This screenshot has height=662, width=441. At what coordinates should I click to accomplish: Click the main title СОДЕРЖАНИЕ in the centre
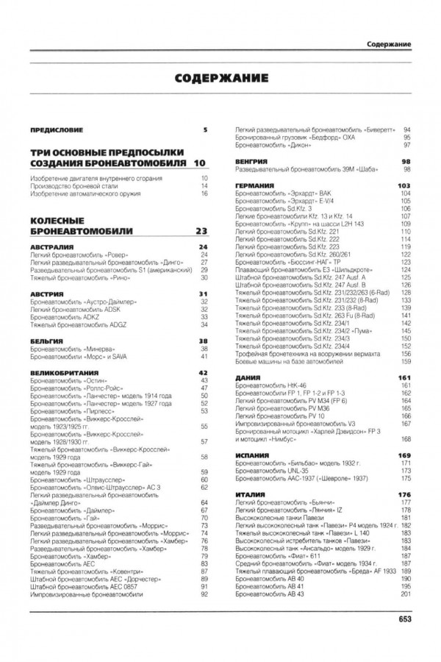pos(220,79)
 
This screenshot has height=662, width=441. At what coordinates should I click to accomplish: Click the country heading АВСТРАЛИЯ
pos(51,248)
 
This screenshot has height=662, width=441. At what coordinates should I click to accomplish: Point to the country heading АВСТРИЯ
pos(47,295)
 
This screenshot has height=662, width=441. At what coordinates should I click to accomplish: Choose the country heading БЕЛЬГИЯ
pos(47,341)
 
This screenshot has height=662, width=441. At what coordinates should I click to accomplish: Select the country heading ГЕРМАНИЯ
pos(254,185)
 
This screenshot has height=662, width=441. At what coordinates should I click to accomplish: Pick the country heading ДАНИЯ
pos(246,377)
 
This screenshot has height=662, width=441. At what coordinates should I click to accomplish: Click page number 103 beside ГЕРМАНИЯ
pos(403,185)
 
